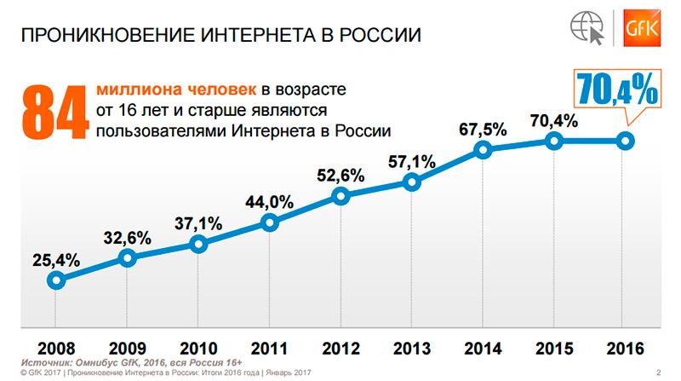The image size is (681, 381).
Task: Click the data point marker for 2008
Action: pos(56,280)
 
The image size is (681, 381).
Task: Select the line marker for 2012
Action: pos(340,197)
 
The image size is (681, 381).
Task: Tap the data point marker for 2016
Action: pos(625,141)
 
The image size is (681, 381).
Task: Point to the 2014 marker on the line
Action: pos(483,150)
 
